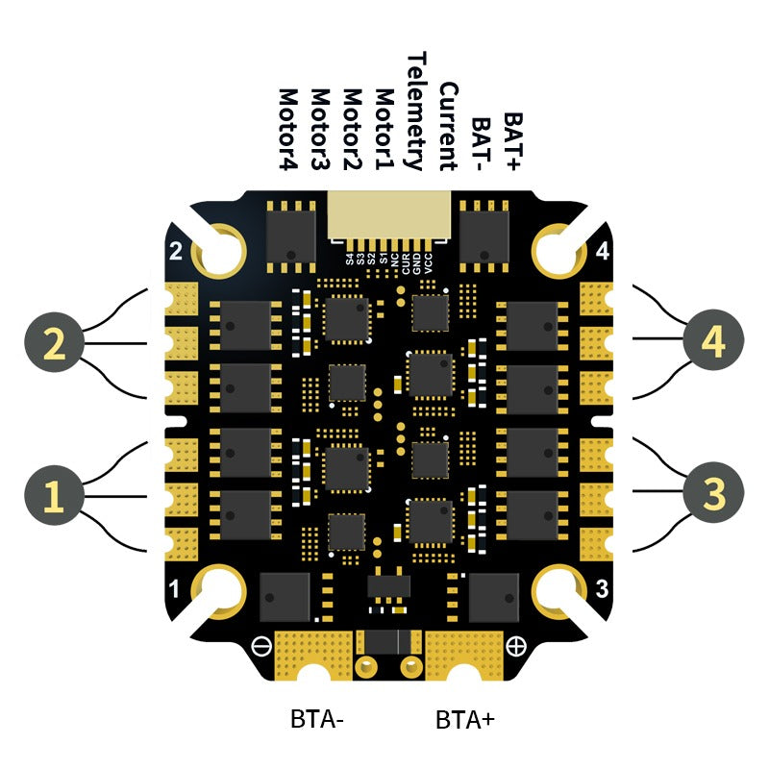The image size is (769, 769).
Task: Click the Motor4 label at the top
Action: coord(287,130)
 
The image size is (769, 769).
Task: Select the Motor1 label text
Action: coord(384,130)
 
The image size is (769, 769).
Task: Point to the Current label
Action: coord(448,126)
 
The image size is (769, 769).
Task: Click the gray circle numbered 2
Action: coord(55,342)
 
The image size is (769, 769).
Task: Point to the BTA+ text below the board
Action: coord(465,718)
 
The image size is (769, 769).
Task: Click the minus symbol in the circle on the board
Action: coord(261,645)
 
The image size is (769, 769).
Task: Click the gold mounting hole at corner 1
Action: coord(222,590)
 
